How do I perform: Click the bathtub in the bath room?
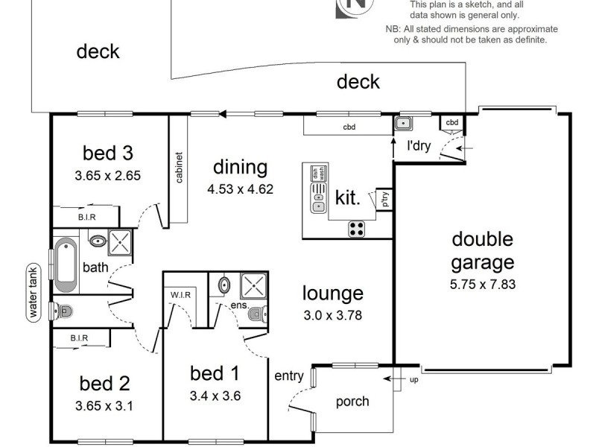point(66,264)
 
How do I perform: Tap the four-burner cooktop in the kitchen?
point(357,229)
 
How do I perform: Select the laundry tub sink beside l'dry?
point(403,123)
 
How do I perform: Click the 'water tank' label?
point(33,292)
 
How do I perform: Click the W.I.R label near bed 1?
point(181,294)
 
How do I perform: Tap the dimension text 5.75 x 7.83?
point(483,284)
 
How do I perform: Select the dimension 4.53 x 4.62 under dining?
point(240,189)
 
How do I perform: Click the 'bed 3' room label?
point(107,153)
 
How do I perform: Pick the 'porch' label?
point(352,402)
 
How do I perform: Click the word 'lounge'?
point(332,294)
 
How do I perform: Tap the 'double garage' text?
point(483,251)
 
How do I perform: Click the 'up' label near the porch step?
point(414,380)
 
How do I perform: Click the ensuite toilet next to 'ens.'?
point(255,312)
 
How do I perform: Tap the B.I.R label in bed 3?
point(86,217)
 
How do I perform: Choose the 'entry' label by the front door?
point(289,375)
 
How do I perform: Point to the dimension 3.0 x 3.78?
point(332,315)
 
